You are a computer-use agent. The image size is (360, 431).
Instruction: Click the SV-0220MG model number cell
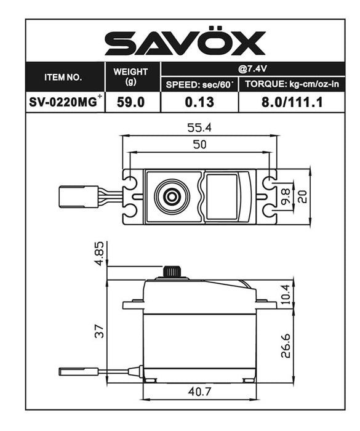coord(65,102)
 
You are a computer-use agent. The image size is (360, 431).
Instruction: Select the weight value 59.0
coord(130,103)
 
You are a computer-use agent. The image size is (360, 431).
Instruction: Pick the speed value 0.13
coord(199,103)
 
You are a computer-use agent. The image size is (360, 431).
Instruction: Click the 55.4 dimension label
coord(199,128)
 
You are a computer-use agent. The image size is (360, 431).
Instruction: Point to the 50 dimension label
coord(199,145)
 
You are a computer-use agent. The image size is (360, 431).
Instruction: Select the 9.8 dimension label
coord(286,197)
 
